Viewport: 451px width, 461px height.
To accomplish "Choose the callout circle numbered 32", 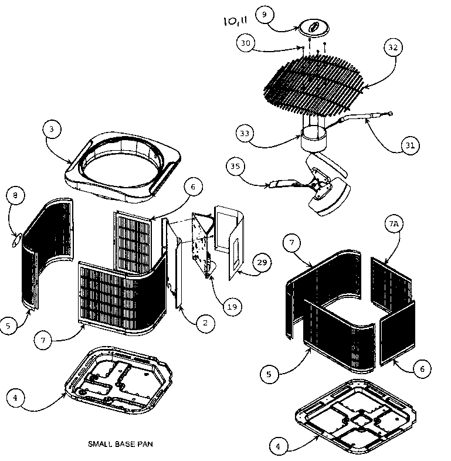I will point(392,47).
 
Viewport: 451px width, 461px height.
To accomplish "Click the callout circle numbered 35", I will point(236,167).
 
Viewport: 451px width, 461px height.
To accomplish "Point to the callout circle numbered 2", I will point(205,323).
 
